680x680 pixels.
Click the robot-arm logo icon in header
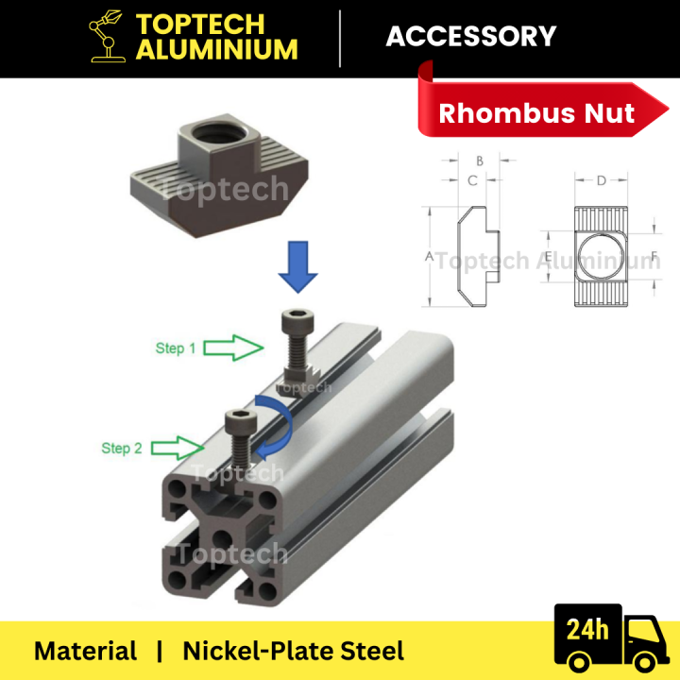[x=107, y=37]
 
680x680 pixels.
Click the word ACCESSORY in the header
[x=470, y=37]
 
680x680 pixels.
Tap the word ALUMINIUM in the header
[x=216, y=49]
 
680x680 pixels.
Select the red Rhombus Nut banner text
[x=536, y=114]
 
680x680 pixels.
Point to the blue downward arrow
[x=297, y=264]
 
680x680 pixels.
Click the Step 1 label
[x=176, y=348]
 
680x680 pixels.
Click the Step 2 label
[x=122, y=448]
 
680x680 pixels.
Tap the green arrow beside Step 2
[x=178, y=447]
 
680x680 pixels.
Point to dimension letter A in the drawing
[x=428, y=257]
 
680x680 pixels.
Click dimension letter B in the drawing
[x=480, y=161]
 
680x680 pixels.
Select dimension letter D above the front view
[x=601, y=179]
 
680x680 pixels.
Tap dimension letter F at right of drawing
[x=654, y=256]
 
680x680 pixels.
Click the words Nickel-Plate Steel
[x=293, y=651]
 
